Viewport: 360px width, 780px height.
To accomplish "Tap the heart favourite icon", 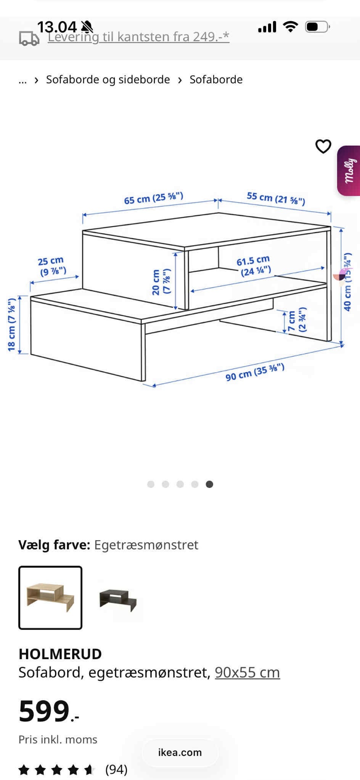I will tap(323, 146).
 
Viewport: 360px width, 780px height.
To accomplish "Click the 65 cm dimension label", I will tap(154, 198).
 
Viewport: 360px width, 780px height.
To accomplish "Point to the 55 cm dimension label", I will tap(276, 198).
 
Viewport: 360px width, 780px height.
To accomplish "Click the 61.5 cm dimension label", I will tap(254, 266).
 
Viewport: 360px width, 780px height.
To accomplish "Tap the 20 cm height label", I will tap(161, 282).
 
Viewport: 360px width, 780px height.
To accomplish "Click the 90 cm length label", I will tap(255, 372).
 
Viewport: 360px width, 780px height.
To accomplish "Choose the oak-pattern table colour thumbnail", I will tap(50, 597).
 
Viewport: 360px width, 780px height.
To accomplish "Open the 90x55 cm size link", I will tap(247, 672).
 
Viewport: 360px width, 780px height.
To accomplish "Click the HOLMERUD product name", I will tap(60, 654).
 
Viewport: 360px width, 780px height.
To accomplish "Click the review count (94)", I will tap(116, 769).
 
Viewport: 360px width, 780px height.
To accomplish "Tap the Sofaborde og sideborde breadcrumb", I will tap(108, 79).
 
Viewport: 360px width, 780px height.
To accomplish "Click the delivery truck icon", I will tap(29, 39).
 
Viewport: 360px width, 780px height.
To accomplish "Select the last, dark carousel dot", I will tap(209, 484).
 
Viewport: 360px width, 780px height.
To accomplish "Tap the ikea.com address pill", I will tap(180, 752).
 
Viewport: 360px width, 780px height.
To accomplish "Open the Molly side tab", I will tap(349, 170).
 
